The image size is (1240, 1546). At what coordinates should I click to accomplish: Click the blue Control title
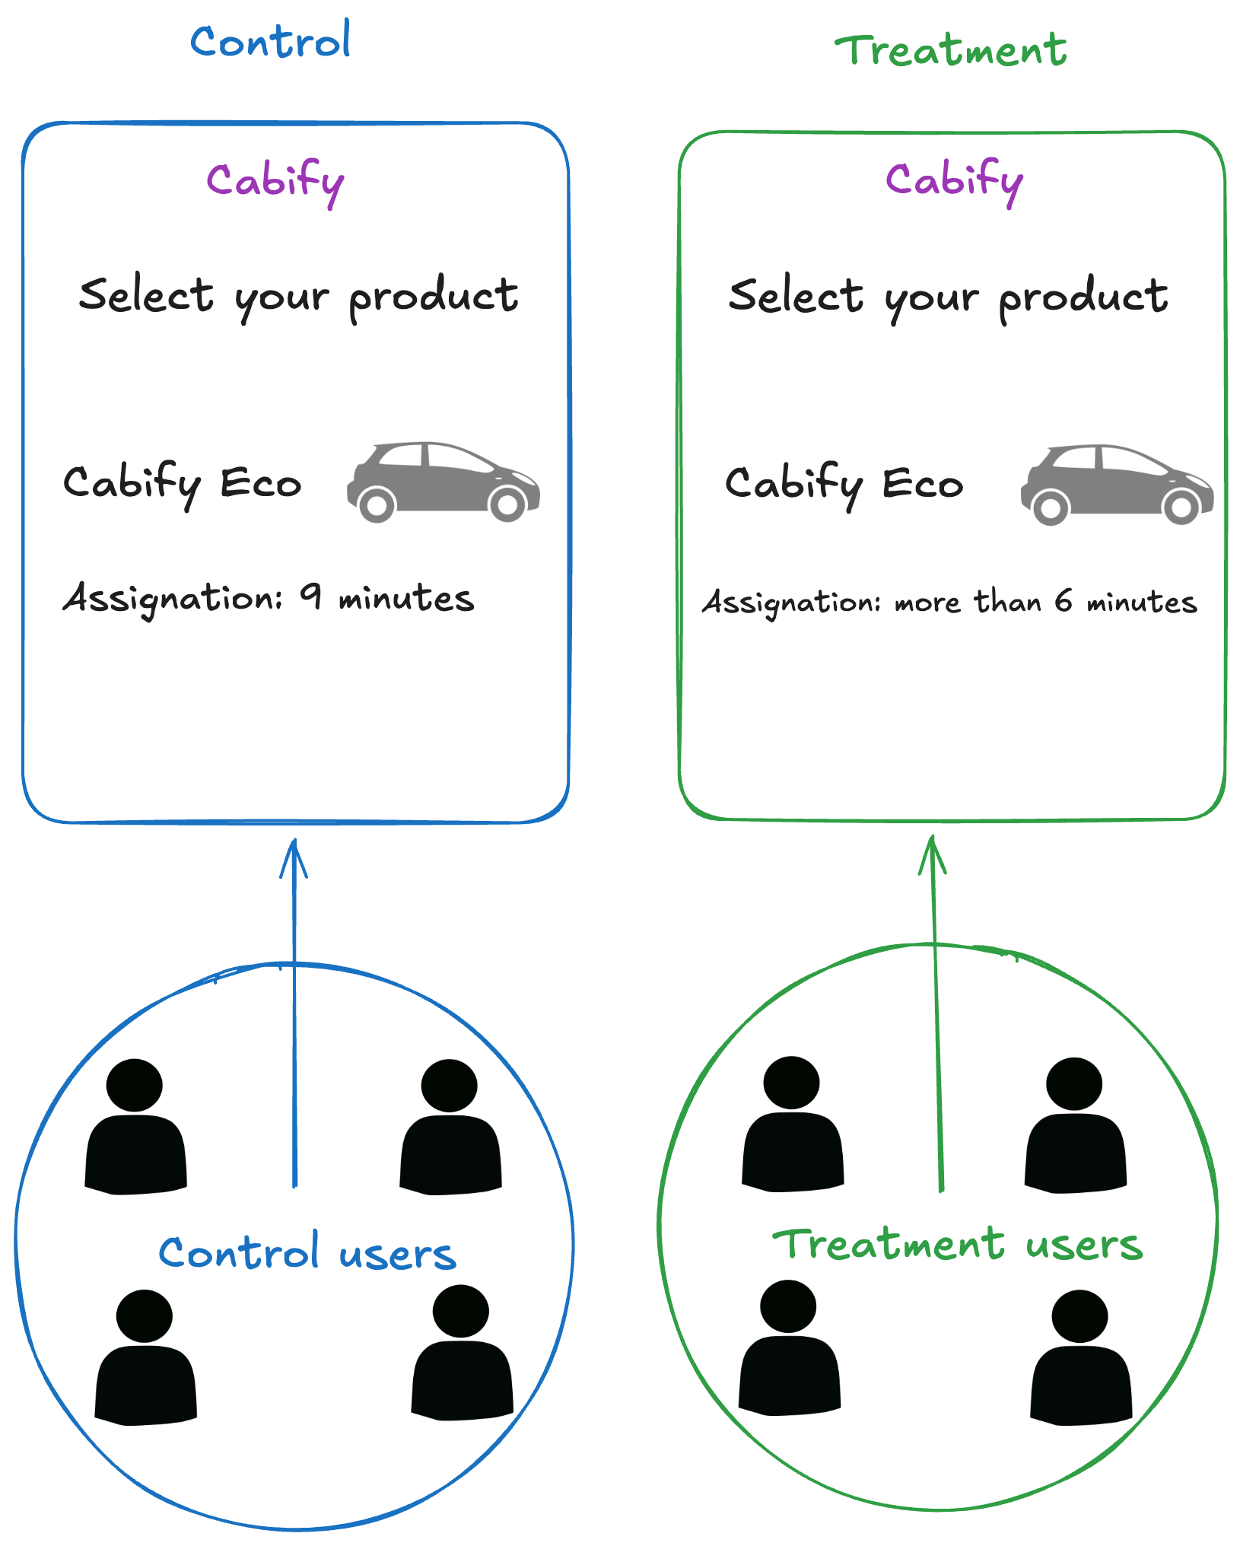[270, 41]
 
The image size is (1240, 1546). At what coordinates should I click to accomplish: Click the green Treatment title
[951, 51]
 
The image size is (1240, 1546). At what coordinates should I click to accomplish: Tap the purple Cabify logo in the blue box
[275, 182]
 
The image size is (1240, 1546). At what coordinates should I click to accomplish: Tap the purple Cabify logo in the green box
[954, 181]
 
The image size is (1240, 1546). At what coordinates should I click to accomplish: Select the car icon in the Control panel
[444, 481]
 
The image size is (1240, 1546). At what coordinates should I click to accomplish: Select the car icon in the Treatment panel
[1117, 484]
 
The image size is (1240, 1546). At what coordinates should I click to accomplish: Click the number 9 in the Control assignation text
[310, 596]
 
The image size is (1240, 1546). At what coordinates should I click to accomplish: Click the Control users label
[307, 1253]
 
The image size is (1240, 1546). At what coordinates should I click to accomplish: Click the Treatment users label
[957, 1245]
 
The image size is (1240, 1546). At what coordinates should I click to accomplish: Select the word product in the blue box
[434, 297]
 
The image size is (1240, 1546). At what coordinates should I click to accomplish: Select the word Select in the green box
[796, 295]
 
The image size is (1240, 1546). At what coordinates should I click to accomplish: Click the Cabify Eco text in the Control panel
[183, 482]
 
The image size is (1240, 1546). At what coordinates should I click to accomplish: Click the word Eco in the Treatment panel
[922, 483]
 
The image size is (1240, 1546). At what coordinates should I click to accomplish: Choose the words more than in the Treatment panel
[967, 602]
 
